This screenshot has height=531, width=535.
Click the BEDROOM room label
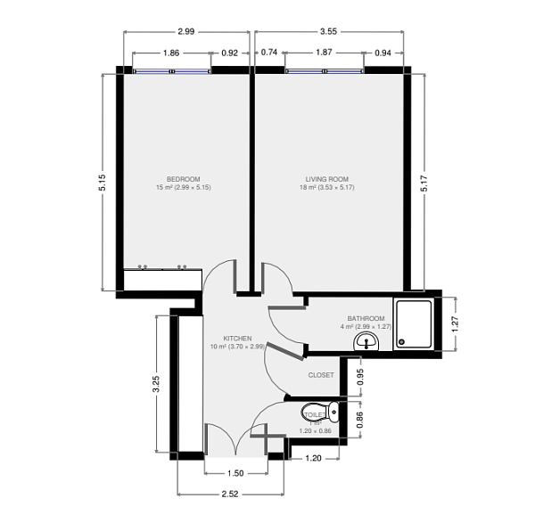[183, 178]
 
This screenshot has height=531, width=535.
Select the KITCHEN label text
[237, 339]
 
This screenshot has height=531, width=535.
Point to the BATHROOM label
[366, 319]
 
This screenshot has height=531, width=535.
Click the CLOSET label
[321, 375]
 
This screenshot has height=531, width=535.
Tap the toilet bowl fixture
[333, 412]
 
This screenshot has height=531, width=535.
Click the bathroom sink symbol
[366, 343]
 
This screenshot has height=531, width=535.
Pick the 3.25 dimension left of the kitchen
[157, 384]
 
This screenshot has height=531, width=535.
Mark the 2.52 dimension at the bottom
[230, 496]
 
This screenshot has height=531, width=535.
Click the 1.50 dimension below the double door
[235, 473]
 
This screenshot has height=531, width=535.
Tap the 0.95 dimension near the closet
[359, 376]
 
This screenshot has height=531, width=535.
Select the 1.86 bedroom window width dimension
[172, 53]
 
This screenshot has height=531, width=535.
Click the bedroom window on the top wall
[172, 69]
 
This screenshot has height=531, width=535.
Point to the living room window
[325, 69]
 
